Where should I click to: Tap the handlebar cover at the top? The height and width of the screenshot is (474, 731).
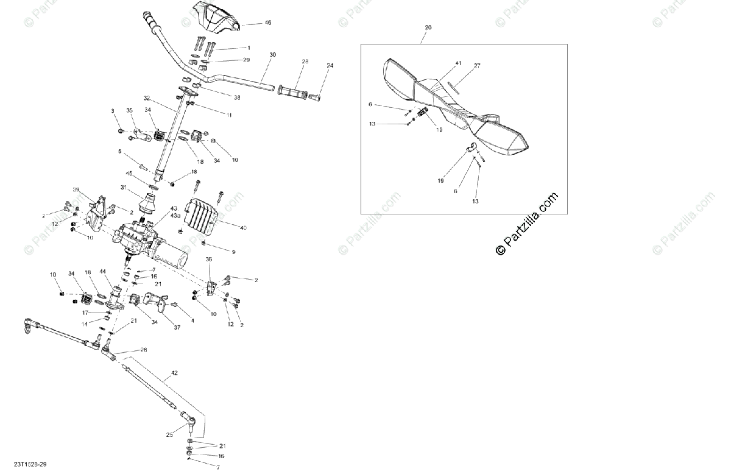(215, 16)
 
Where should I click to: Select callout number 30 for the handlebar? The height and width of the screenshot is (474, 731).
(272, 55)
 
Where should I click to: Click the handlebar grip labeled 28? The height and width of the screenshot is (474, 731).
(294, 90)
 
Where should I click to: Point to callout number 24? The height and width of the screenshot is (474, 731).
(330, 65)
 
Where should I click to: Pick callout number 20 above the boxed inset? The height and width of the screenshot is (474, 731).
(428, 27)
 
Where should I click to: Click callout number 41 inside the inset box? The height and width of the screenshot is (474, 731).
(458, 63)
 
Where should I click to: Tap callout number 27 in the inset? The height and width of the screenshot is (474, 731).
(477, 65)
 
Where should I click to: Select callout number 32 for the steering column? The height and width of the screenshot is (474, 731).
(146, 98)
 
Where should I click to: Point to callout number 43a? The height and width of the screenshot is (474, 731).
(175, 216)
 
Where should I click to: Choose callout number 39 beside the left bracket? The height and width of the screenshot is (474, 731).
(76, 189)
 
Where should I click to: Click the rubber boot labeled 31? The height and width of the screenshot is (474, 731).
(147, 202)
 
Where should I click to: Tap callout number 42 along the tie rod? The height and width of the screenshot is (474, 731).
(174, 372)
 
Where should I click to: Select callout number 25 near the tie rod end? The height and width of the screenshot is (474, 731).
(169, 434)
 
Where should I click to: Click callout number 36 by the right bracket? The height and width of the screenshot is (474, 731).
(209, 260)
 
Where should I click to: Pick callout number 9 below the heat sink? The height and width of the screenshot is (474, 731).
(233, 252)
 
